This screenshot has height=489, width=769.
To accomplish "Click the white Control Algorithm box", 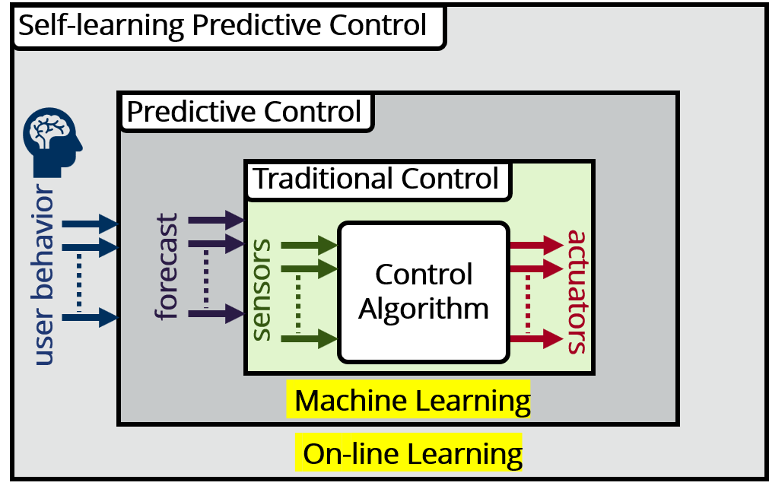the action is [x=424, y=292].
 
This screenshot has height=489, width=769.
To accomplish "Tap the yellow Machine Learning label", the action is [x=408, y=399].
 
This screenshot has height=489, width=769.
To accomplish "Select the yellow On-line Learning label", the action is [x=408, y=452].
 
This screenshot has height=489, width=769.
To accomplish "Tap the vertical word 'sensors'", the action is [x=262, y=290].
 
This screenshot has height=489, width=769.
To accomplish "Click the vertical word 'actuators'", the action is [x=577, y=292].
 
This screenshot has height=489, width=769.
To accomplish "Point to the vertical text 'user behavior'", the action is [x=44, y=275].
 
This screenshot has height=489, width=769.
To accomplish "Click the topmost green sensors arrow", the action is [x=310, y=245].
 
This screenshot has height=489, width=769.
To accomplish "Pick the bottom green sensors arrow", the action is [x=310, y=338].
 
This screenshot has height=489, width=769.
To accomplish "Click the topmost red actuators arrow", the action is [x=536, y=245].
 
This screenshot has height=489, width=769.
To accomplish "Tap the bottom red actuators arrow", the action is [x=536, y=338].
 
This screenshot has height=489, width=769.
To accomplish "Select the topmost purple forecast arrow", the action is [x=216, y=221].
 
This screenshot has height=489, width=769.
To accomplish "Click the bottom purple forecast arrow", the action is [x=216, y=313].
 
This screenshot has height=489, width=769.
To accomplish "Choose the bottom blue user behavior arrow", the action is [x=91, y=317].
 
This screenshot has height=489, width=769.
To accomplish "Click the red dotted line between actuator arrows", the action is [x=528, y=303].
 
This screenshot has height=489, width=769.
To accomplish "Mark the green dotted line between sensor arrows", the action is [x=298, y=303].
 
